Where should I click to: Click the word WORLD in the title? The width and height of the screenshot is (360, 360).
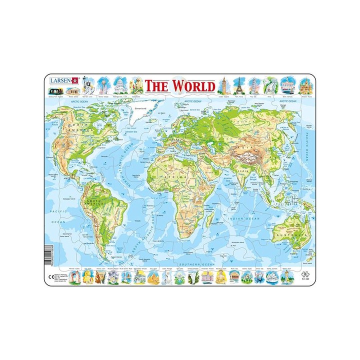(x=194, y=85)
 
